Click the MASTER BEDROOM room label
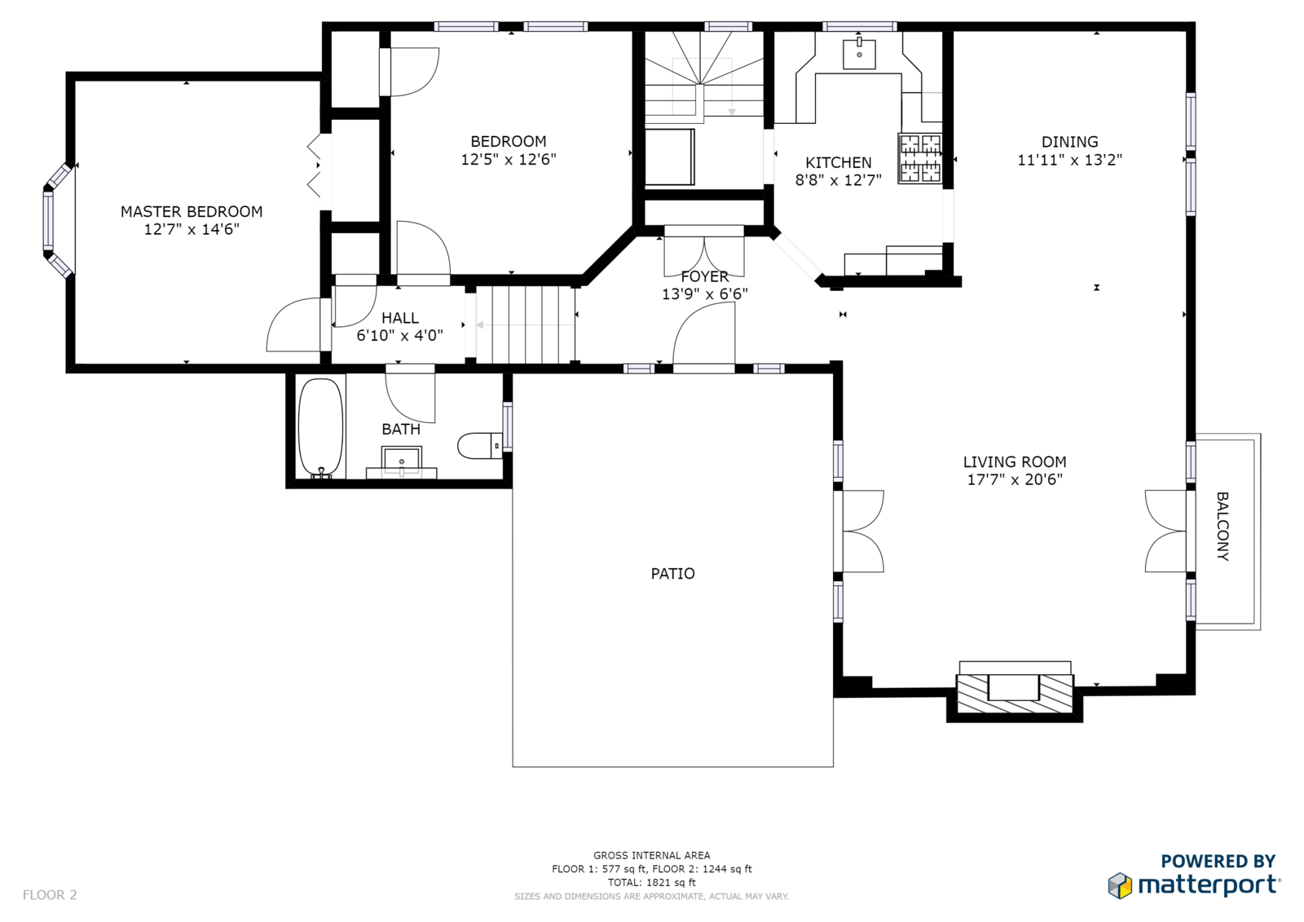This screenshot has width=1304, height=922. tap(192, 211)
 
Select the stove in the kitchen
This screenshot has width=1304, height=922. tap(920, 158)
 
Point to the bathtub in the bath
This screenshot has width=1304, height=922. tap(320, 428)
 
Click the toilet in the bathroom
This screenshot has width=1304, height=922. tap(480, 446)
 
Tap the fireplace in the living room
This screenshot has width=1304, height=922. tap(1015, 693)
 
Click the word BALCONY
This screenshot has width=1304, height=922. tap(1222, 527)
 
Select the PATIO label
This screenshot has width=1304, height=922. tap(672, 574)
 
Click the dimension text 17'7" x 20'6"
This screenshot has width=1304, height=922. tap(1015, 480)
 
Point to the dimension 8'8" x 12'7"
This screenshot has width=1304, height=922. tap(839, 180)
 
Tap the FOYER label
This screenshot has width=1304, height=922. tap(704, 276)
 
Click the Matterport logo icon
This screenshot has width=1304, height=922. tap(1120, 885)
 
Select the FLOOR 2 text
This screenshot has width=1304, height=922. tap(50, 894)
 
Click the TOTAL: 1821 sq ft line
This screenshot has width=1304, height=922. tap(651, 882)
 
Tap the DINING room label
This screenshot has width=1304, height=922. tap(1069, 142)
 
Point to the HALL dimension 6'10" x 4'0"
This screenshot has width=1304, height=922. tap(400, 336)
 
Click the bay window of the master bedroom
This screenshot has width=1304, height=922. tap(56, 220)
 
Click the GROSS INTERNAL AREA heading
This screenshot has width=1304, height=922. tap(651, 856)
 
